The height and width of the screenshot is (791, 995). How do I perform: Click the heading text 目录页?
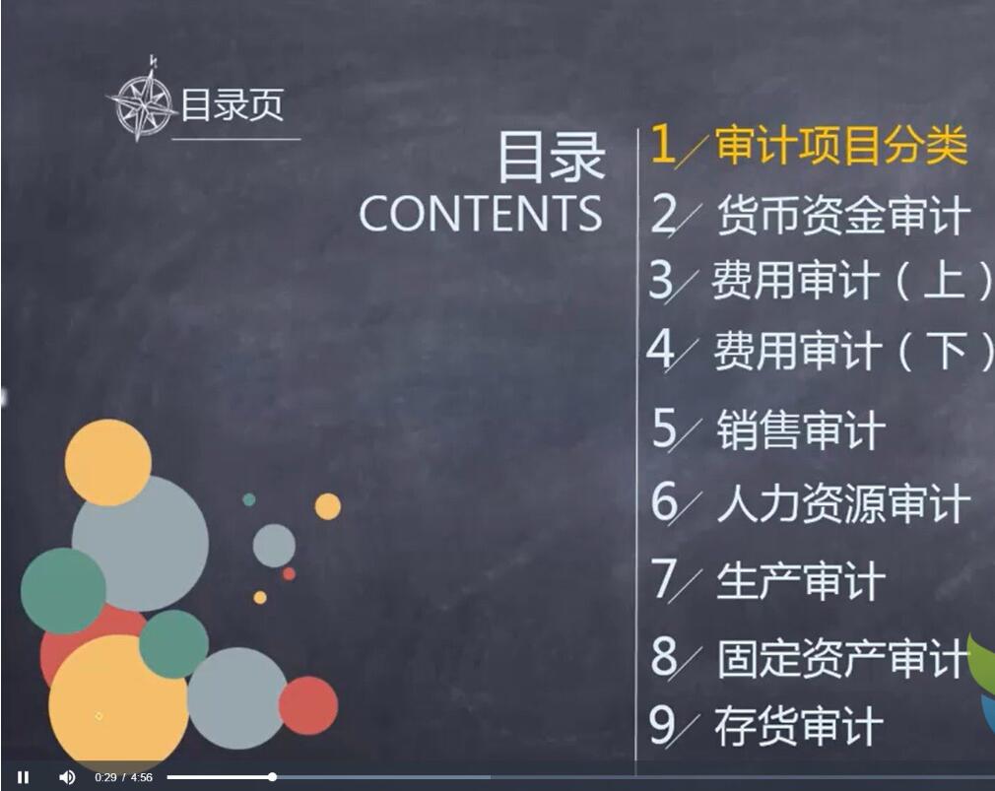click(232, 104)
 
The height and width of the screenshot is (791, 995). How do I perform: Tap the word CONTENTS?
click(481, 213)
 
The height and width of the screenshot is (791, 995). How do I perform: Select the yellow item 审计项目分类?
click(841, 145)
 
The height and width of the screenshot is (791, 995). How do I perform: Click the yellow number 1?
click(663, 144)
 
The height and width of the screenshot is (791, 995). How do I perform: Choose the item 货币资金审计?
click(844, 215)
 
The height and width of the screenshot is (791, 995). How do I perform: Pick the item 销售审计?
click(801, 429)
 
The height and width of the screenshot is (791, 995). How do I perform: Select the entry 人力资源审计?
click(844, 504)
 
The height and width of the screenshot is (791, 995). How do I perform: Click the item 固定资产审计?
click(844, 658)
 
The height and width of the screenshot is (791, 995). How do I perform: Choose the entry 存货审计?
click(800, 726)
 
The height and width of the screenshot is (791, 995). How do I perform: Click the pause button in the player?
click(24, 777)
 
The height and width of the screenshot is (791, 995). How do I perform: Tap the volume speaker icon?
click(67, 777)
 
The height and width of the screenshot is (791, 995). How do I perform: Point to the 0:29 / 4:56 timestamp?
click(124, 777)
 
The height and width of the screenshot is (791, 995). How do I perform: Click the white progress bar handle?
click(272, 776)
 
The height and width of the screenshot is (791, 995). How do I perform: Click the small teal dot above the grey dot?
click(249, 499)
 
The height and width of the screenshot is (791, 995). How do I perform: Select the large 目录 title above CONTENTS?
click(551, 158)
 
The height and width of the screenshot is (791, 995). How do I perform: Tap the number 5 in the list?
click(665, 428)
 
